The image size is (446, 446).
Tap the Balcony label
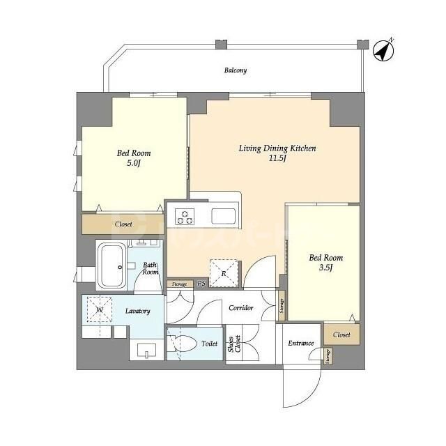click(x=236, y=70)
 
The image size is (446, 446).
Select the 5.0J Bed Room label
click(x=134, y=158)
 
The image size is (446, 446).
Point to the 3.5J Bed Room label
click(x=326, y=263)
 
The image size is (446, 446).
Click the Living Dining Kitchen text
click(x=277, y=153)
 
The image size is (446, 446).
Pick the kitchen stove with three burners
click(x=186, y=216)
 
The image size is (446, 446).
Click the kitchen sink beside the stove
click(x=224, y=215)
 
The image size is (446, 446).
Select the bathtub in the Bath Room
click(x=111, y=266)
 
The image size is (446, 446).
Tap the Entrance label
click(x=301, y=344)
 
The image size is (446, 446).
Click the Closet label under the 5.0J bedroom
click(x=123, y=224)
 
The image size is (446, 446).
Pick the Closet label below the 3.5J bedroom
click(x=341, y=334)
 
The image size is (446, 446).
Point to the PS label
click(x=201, y=284)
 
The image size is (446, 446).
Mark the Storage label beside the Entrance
click(x=328, y=356)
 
